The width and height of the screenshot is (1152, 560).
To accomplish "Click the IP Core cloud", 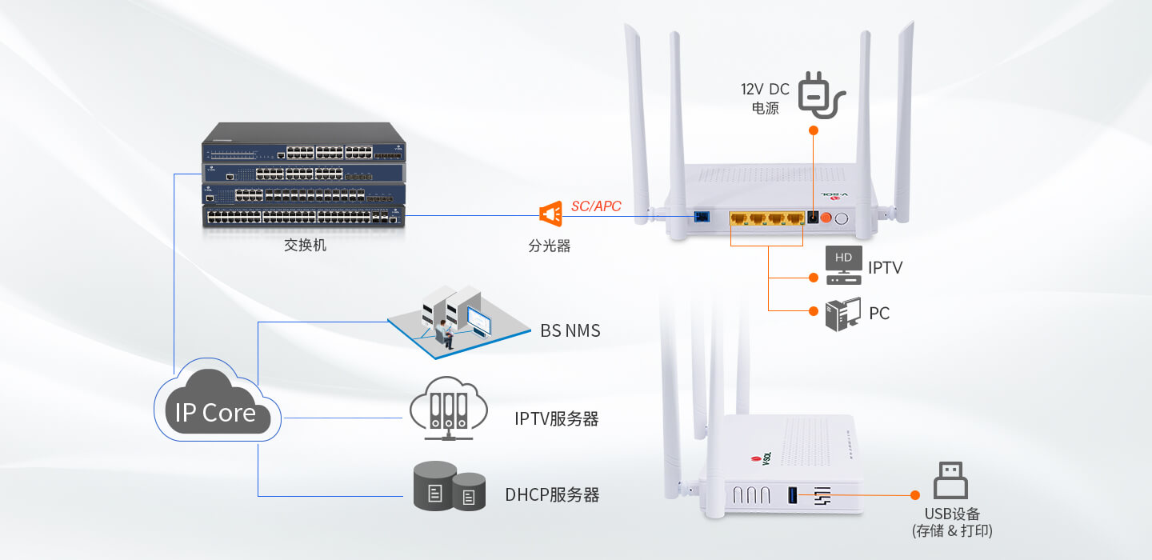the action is (217, 401).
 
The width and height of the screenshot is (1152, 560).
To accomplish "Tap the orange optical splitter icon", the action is (550, 214).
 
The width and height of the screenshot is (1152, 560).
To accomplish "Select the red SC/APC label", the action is (596, 206).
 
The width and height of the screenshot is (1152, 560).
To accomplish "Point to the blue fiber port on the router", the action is (702, 217).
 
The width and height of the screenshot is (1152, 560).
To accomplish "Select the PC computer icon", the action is (843, 314).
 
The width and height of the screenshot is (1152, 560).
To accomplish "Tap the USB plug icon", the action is (950, 480).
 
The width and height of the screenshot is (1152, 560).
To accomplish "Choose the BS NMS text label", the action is (570, 330).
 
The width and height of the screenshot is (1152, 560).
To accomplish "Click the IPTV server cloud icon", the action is (449, 408).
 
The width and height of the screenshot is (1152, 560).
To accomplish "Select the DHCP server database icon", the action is (450, 486).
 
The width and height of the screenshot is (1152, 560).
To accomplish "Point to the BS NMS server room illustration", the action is (458, 322).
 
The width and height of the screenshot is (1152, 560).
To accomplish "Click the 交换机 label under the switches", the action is (305, 246).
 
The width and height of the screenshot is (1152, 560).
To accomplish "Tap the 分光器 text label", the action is (550, 246).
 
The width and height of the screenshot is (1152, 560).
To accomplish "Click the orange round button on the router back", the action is (826, 218).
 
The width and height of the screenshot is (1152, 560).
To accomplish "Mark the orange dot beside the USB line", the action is (915, 495).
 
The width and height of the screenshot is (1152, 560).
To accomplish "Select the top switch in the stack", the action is (303, 142).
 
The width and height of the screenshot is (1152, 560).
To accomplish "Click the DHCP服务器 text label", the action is (552, 494).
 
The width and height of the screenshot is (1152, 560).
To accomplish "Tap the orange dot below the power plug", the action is (813, 130).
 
